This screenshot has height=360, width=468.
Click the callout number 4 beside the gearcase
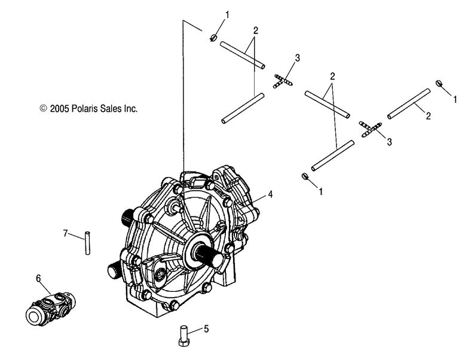tap(270, 194)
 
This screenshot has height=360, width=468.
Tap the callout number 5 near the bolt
tap(206, 330)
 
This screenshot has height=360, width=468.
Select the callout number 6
tap(38, 279)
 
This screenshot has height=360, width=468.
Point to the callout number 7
tap(66, 233)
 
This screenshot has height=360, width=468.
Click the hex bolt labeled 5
tap(183, 337)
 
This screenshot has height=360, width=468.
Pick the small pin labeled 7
tap(87, 243)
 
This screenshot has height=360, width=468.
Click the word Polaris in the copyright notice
tap(84, 109)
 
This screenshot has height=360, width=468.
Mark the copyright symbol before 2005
tap(44, 108)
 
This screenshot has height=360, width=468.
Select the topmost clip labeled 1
tap(213, 38)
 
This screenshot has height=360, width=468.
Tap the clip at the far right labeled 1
tap(439, 83)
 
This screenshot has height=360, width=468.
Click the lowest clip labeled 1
tap(305, 176)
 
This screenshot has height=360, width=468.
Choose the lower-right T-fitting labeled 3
tap(370, 129)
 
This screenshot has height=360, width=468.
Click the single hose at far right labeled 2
tap(409, 104)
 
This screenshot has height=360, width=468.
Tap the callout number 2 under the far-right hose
tap(429, 116)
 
